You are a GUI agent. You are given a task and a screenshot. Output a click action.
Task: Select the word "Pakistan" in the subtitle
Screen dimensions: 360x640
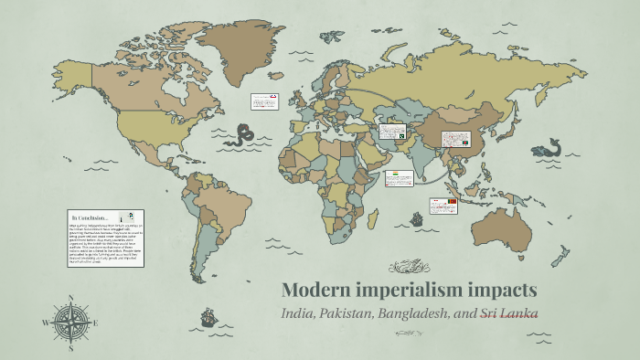(345, 313)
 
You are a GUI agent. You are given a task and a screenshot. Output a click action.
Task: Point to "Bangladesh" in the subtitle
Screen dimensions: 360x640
(420, 313)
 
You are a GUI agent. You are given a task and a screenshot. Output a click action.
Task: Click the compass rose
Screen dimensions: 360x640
(70, 323)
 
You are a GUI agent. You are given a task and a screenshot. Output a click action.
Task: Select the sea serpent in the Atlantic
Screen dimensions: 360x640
(240, 137)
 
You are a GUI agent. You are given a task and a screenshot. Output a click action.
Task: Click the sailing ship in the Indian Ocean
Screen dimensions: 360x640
(417, 219)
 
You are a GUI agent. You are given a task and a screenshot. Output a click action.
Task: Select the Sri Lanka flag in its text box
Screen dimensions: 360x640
(451, 201)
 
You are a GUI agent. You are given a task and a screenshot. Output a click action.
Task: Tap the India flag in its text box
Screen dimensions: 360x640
(395, 173)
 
